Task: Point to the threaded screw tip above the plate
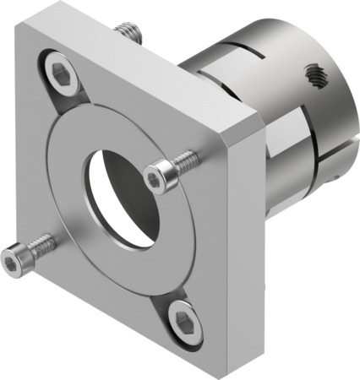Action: pos(130,33)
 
